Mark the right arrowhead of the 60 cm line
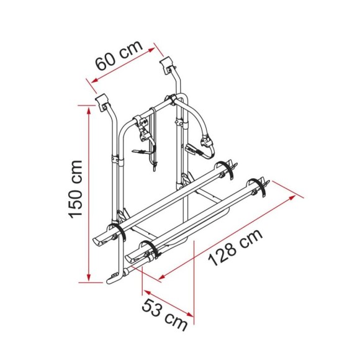(x=155, y=44)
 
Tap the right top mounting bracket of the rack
(x=168, y=63)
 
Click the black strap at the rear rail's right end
(x=230, y=167)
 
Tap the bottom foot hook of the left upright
(x=113, y=277)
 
